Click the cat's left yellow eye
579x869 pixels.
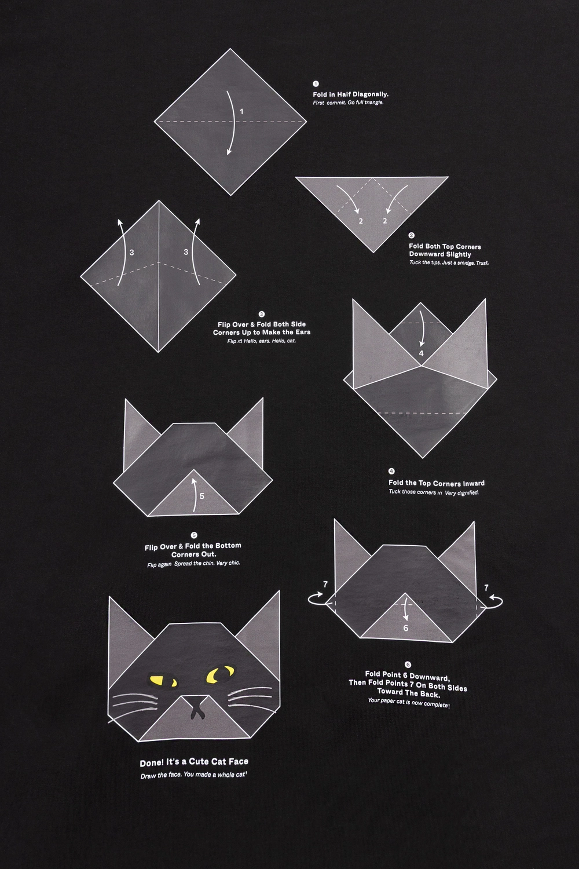point(163,681)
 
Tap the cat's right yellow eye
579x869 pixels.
point(220,673)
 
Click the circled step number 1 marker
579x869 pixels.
point(316,84)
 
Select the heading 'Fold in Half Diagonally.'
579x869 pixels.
point(350,94)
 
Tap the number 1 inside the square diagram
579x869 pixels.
point(241,112)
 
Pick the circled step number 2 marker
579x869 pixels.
point(412,235)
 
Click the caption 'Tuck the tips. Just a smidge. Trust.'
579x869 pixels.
point(449,262)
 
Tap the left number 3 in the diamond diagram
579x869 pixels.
point(132,253)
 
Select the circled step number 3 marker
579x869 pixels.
point(261,314)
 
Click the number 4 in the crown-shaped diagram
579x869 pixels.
point(422,353)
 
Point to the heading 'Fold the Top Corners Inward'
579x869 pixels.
point(437,483)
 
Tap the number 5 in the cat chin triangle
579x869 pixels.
point(201,496)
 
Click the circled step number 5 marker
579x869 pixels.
point(195,535)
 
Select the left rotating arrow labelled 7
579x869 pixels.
point(317,599)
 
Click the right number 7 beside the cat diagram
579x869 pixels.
point(486,588)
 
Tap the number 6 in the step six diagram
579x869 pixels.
point(406,628)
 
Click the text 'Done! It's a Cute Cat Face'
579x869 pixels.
point(194,762)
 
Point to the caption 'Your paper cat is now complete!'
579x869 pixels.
point(409,703)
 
